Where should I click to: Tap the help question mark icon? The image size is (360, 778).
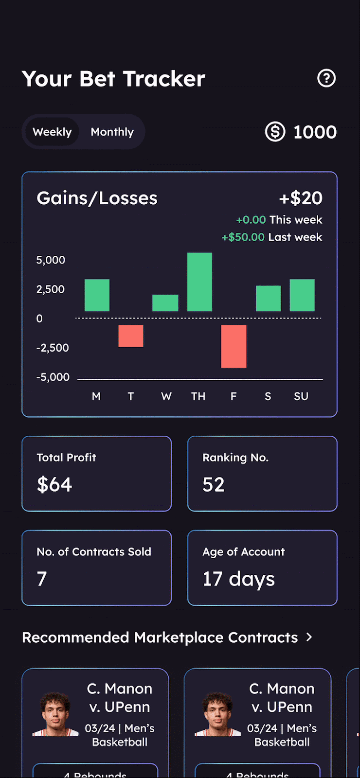[326, 78]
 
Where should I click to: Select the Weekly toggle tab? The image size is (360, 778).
[52, 132]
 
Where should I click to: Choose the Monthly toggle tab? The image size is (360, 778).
[112, 132]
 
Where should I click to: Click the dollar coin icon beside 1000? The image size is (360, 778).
[275, 132]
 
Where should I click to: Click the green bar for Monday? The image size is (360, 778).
[97, 295]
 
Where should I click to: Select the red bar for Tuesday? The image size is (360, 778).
[131, 336]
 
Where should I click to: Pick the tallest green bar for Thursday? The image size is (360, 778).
[199, 282]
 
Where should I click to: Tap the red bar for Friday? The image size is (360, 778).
[234, 346]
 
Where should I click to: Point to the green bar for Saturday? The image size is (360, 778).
[268, 298]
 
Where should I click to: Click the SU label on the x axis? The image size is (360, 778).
[301, 396]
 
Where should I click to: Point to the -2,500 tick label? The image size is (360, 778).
[53, 348]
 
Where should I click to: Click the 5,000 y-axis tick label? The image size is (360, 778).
[51, 260]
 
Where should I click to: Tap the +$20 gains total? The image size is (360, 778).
[301, 198]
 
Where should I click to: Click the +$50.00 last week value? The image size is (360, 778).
[243, 237]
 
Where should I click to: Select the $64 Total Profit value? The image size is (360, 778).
[54, 484]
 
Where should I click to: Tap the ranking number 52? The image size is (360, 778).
[214, 484]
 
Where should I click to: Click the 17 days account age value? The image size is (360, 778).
[238, 579]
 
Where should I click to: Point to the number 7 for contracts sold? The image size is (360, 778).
[42, 579]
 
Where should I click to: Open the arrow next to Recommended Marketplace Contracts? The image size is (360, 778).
[309, 637]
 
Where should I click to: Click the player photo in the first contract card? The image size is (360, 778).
[55, 714]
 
